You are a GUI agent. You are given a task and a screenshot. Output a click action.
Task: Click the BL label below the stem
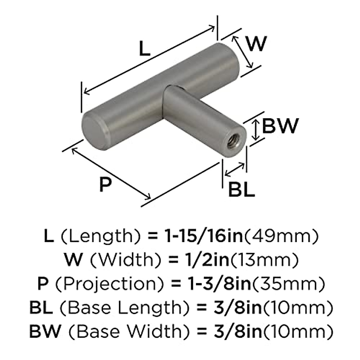pyautogui.click(x=241, y=189)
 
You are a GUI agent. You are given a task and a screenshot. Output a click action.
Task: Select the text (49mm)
pyautogui.click(x=281, y=236)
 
